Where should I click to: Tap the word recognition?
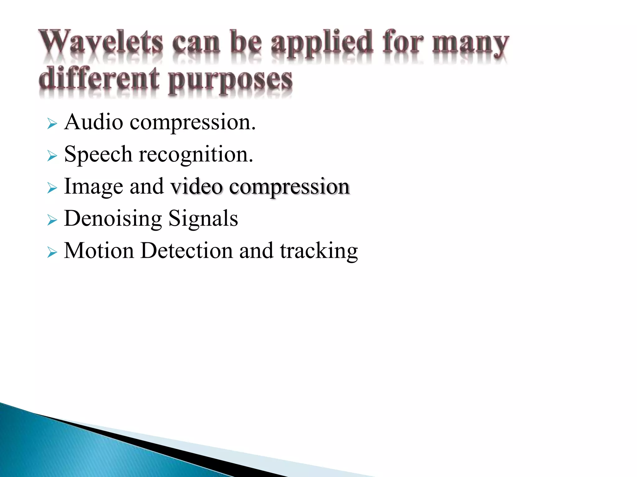pyautogui.click(x=196, y=154)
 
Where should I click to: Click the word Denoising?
pyautogui.click(x=113, y=219)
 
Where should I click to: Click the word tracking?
pyautogui.click(x=319, y=251)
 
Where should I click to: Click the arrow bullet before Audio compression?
pyautogui.click(x=52, y=124)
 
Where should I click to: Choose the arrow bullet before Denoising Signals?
pyautogui.click(x=52, y=220)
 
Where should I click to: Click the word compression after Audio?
pyautogui.click(x=193, y=123)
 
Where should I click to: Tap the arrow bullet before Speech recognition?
pyautogui.click(x=52, y=156)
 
